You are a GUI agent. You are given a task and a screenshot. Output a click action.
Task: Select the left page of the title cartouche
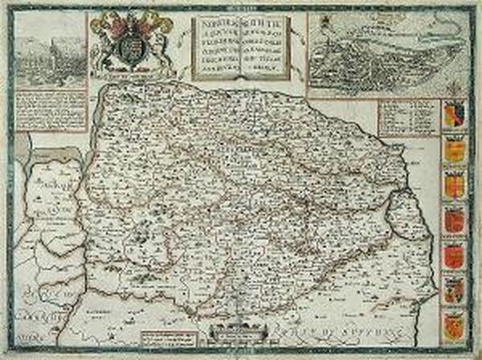click(x=219, y=46)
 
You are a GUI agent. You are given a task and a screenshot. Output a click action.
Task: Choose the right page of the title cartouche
click(x=270, y=46)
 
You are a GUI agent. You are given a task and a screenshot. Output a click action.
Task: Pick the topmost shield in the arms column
click(x=455, y=114)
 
